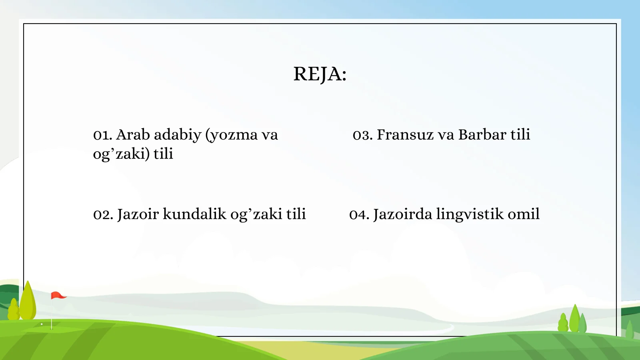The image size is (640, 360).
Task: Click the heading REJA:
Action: (320, 74)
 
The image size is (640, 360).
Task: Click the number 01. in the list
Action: (102, 135)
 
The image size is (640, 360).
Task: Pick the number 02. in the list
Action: (103, 215)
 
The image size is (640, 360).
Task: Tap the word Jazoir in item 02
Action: (138, 214)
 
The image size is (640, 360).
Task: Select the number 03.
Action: (362, 135)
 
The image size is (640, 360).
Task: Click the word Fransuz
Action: (405, 135)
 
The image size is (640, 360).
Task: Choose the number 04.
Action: (359, 215)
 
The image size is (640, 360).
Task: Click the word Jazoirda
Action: (402, 214)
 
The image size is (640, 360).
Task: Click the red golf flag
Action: (57, 296)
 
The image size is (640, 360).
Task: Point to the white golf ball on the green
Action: (42, 324)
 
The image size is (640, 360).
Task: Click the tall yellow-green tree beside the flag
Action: (28, 302)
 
